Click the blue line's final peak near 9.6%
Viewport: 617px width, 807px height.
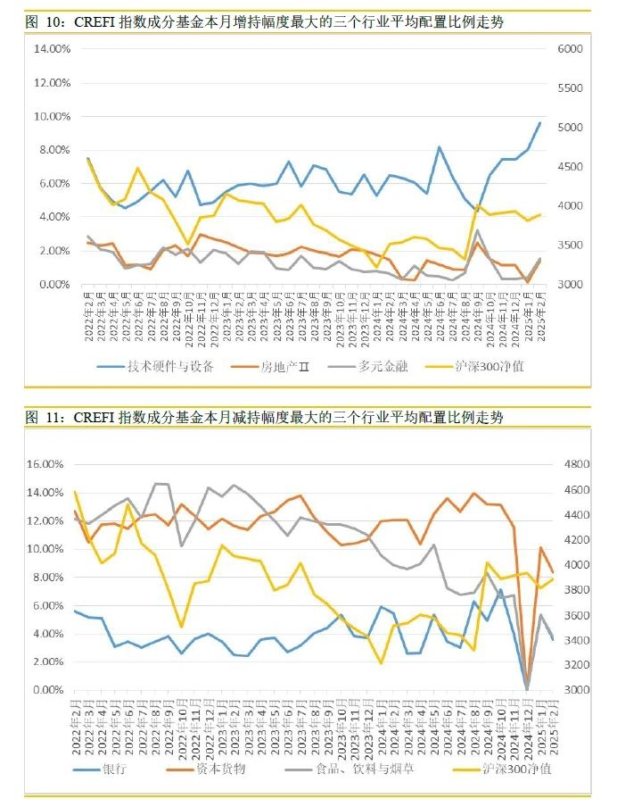539,123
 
